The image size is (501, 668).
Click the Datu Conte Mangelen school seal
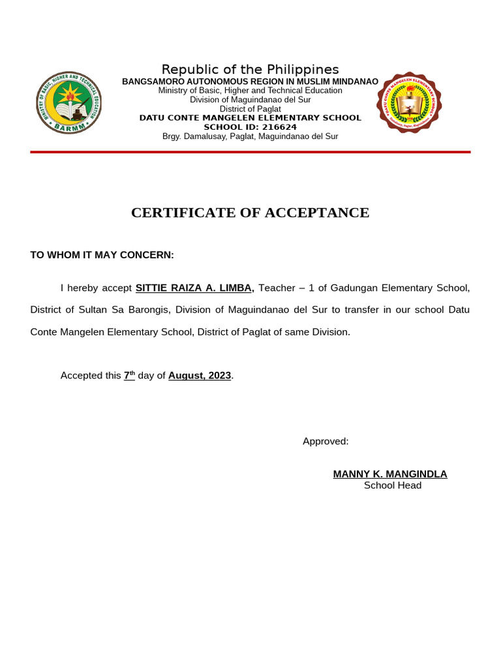pyautogui.click(x=409, y=102)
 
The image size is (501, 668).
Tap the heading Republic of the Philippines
pyautogui.click(x=250, y=70)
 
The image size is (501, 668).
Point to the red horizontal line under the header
pyautogui.click(x=250, y=152)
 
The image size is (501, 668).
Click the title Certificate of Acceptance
pyautogui.click(x=250, y=213)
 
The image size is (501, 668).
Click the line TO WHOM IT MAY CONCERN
pyautogui.click(x=102, y=255)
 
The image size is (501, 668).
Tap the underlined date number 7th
pyautogui.click(x=129, y=376)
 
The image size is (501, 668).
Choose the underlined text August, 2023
pyautogui.click(x=200, y=376)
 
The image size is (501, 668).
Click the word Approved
pyautogui.click(x=326, y=442)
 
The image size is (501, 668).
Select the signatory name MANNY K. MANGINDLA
pyautogui.click(x=390, y=474)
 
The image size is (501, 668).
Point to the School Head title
pyautogui.click(x=393, y=485)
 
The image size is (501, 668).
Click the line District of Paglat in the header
pyautogui.click(x=250, y=109)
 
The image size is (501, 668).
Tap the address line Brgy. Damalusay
pyautogui.click(x=250, y=136)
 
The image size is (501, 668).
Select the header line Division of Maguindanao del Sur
pyautogui.click(x=250, y=100)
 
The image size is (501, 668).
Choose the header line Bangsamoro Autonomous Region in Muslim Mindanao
pyautogui.click(x=250, y=81)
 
